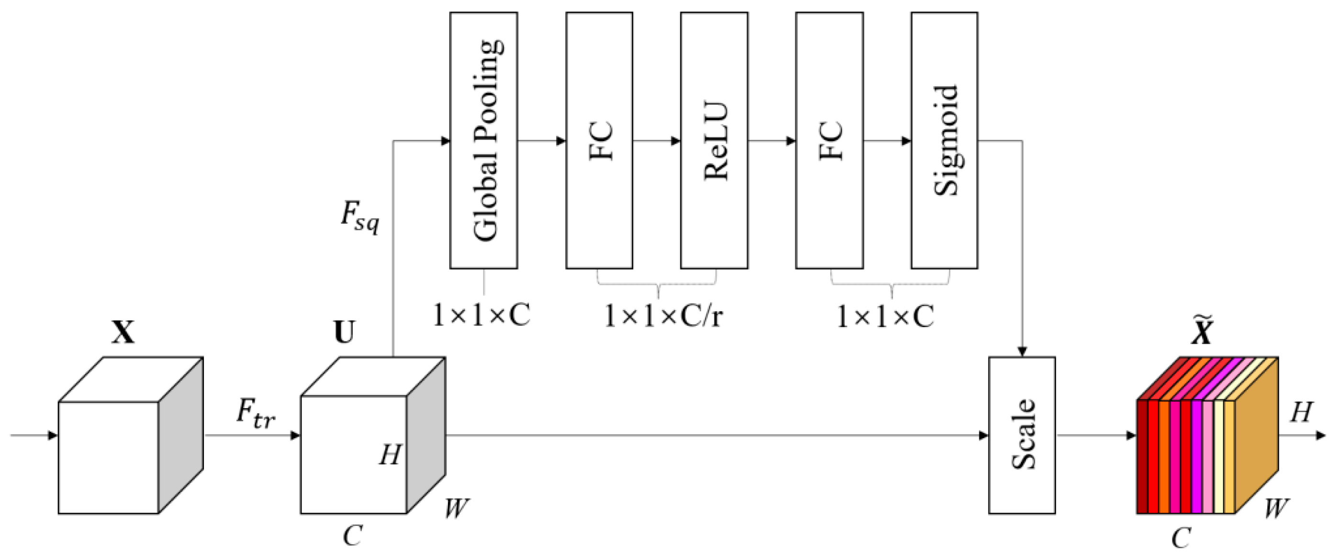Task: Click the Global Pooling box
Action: (483, 140)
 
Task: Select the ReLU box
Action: (714, 140)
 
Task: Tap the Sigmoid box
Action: (944, 140)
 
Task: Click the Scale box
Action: (1021, 435)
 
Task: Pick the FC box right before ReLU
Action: (599, 140)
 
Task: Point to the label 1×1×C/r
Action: (663, 316)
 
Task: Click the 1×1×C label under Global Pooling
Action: (481, 315)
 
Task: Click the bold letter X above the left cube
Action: (123, 332)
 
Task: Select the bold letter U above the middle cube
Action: (345, 332)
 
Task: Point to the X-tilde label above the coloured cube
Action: (1202, 331)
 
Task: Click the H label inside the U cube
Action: (390, 455)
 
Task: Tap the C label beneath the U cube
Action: (352, 535)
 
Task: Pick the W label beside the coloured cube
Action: (1276, 508)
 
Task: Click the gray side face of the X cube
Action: (180, 435)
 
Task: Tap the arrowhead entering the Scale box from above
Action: (1022, 352)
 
